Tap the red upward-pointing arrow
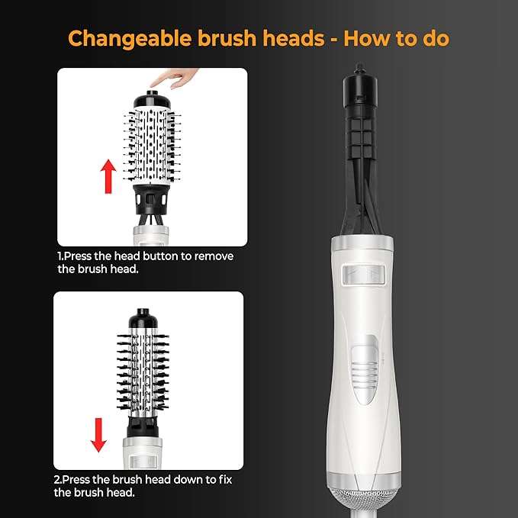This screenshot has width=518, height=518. click(x=108, y=175)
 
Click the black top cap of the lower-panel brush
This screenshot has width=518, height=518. click(x=143, y=317)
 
